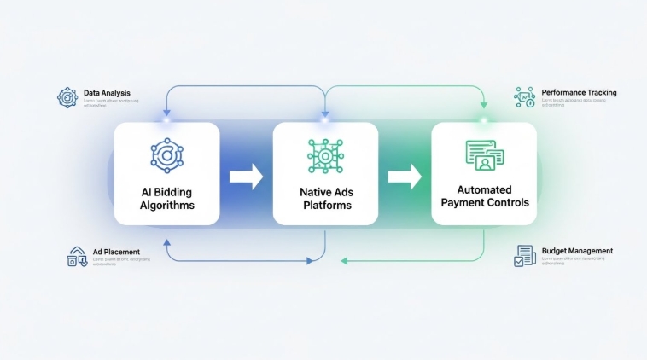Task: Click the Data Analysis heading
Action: (x=107, y=92)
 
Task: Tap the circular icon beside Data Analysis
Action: (x=67, y=97)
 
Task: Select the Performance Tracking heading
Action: (x=579, y=92)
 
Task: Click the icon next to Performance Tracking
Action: (x=523, y=97)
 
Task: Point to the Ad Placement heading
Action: (x=116, y=252)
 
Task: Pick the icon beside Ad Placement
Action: (x=77, y=257)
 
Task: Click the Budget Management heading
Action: (x=577, y=251)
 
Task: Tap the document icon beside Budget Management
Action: (x=524, y=256)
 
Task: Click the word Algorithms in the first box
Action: (x=167, y=206)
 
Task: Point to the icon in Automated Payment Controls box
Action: (x=484, y=154)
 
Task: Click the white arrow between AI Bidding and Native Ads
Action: (x=247, y=177)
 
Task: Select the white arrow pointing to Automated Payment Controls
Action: (x=405, y=177)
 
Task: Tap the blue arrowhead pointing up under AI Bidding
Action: (x=166, y=245)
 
